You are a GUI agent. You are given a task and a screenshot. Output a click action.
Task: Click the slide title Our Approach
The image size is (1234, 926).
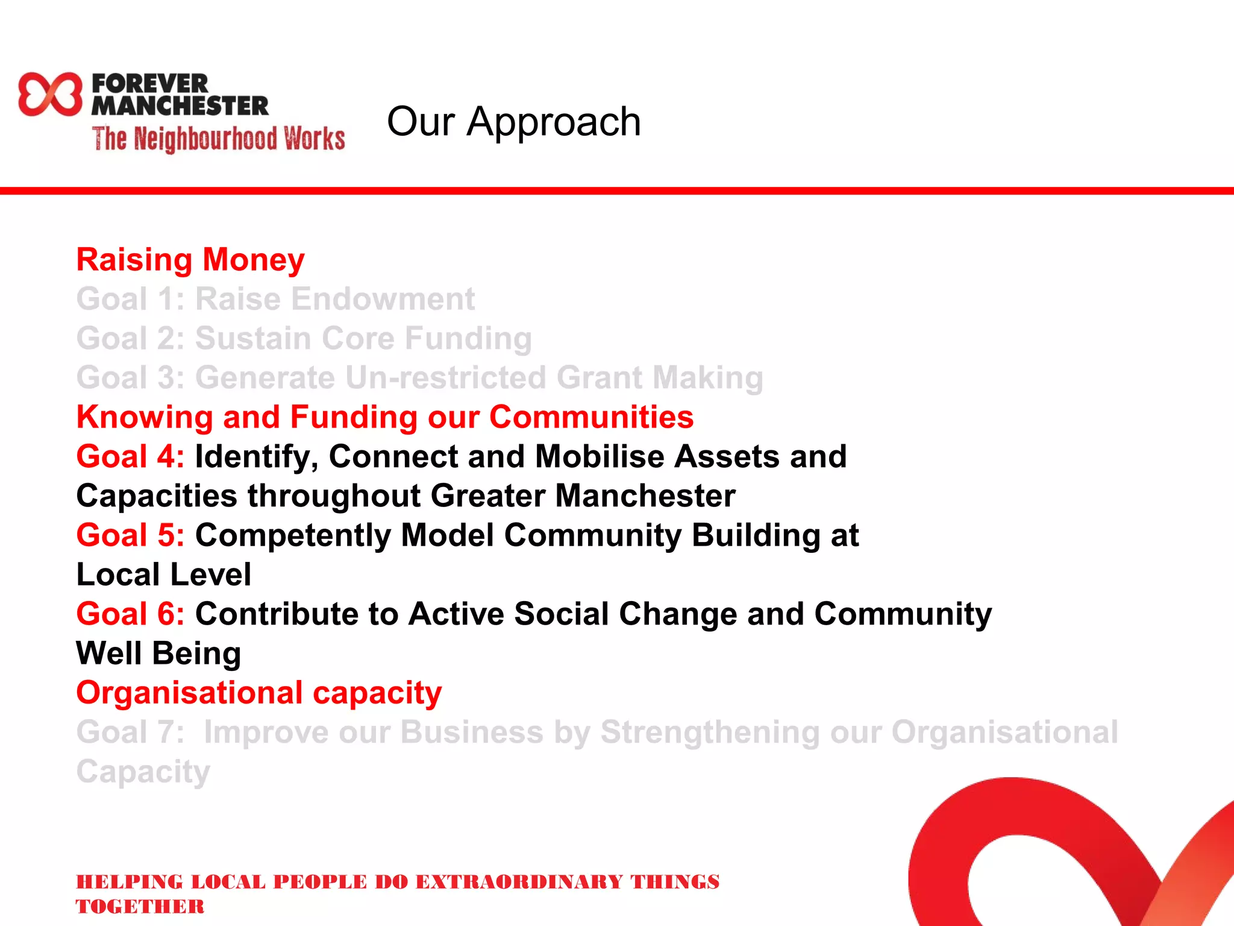[513, 122]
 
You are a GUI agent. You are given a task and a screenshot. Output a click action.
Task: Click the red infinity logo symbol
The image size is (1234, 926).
[49, 94]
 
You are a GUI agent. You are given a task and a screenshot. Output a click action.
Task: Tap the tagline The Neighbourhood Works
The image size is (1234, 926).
[218, 139]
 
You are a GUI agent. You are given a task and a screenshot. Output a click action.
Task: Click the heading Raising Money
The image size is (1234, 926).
[190, 260]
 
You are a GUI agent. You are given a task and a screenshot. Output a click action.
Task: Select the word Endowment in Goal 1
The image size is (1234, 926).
[335, 299]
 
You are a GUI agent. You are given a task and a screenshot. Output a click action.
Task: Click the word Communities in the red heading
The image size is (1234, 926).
[591, 417]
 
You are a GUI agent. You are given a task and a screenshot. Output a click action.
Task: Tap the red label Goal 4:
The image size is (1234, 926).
[130, 456]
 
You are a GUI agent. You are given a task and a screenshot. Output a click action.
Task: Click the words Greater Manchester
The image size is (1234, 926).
[583, 496]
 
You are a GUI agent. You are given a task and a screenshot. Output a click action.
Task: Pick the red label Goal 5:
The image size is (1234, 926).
[130, 535]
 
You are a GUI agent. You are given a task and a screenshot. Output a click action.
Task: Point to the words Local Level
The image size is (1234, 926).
[164, 575]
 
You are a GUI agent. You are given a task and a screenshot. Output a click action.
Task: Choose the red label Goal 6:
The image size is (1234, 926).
[130, 614]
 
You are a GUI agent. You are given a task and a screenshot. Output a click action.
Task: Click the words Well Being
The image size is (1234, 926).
[159, 654]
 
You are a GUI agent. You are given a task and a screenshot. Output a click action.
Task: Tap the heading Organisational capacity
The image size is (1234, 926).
[259, 693]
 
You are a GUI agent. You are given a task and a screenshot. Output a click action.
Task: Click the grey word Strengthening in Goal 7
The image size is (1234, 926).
[709, 732]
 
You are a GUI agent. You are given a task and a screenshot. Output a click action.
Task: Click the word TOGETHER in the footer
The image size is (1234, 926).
[140, 907]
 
